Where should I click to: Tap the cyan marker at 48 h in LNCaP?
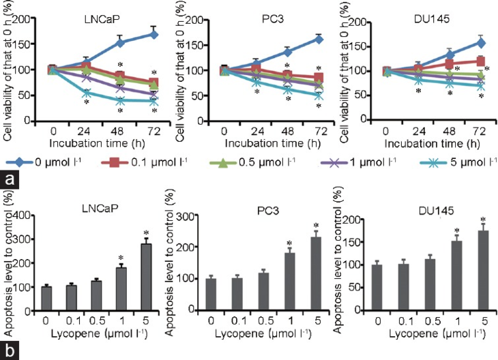click(x=120, y=100)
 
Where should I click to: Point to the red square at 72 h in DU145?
click(x=480, y=61)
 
